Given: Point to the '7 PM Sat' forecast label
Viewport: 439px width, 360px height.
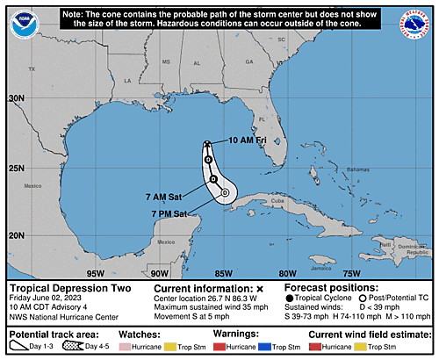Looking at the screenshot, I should point(169,213).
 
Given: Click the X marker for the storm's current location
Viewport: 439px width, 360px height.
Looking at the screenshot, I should point(207,144).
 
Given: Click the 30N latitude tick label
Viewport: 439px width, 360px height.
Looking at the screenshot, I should point(16,99).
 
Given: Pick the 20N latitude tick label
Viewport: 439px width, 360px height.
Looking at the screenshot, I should point(16,235).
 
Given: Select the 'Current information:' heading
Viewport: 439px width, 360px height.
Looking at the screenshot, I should point(204,288).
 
